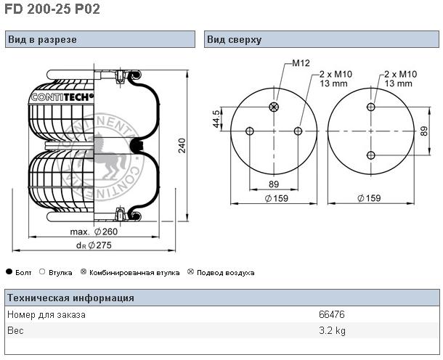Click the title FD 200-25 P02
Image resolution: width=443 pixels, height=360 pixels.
click(x=52, y=9)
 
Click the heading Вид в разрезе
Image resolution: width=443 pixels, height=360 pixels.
click(x=42, y=39)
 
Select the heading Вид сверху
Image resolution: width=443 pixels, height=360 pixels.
click(x=235, y=39)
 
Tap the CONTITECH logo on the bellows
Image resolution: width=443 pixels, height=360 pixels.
click(x=62, y=97)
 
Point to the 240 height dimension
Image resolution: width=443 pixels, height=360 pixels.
click(x=182, y=145)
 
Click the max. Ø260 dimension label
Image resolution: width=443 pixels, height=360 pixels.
click(x=94, y=232)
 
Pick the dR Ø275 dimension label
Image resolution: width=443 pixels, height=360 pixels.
click(x=94, y=245)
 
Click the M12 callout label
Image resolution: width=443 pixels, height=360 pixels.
click(x=301, y=63)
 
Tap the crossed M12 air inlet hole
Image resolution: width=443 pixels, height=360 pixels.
click(x=274, y=107)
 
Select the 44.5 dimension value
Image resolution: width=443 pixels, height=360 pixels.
click(x=216, y=119)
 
